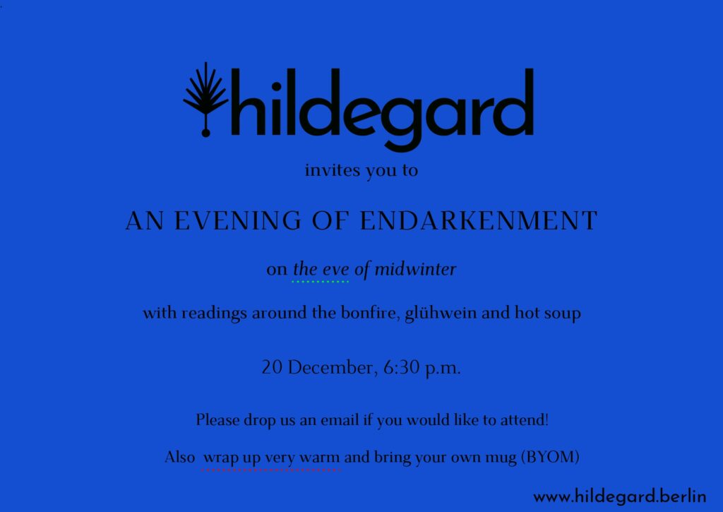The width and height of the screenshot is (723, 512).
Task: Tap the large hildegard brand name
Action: point(382,109)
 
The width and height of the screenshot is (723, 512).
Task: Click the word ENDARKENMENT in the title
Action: point(478,220)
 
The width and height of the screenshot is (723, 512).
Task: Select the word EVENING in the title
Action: point(238,220)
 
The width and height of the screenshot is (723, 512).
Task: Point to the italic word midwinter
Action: point(415,269)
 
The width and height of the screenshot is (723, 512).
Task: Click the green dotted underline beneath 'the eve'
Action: point(321,281)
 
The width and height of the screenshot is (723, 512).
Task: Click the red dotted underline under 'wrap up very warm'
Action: point(271,470)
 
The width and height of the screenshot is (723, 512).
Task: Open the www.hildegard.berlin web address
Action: point(619,496)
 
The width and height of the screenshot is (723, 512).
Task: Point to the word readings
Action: point(214,313)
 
